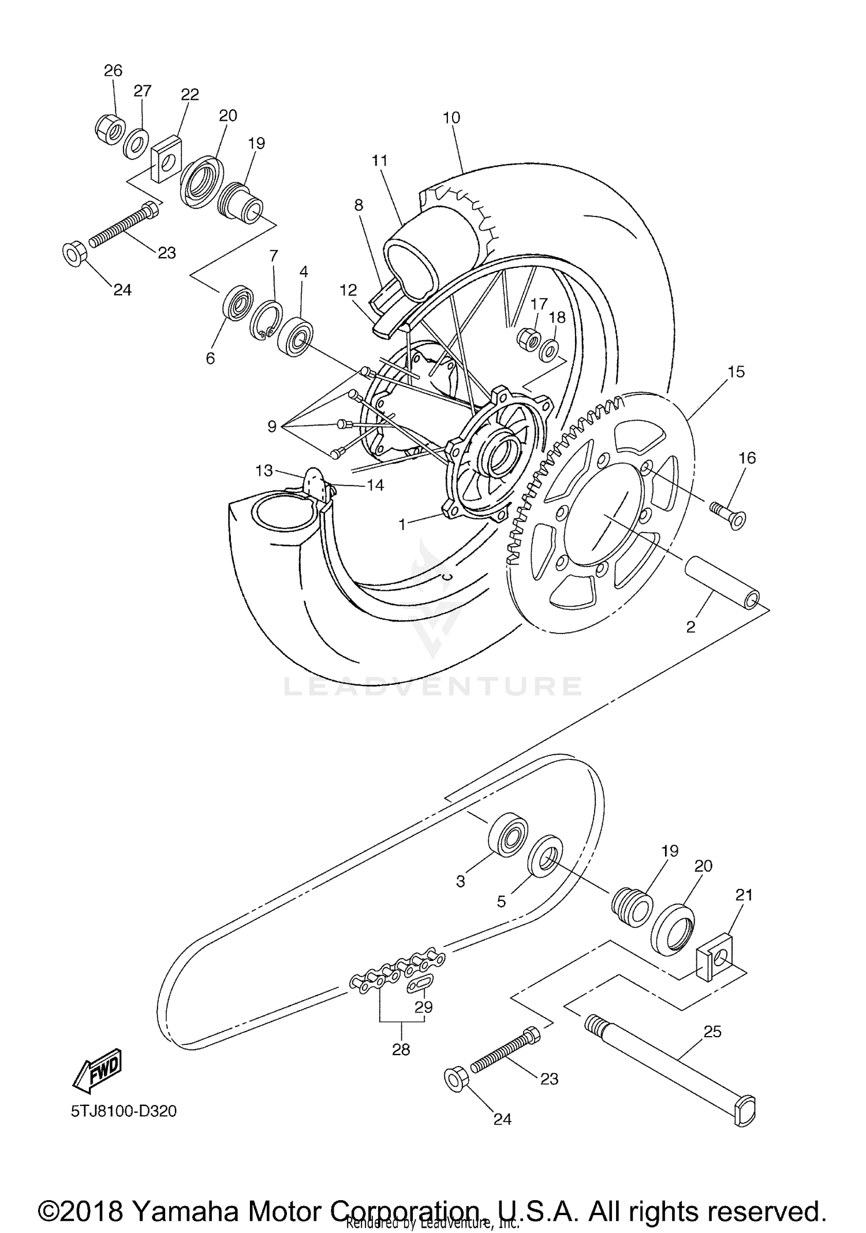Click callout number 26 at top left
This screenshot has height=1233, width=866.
click(113, 70)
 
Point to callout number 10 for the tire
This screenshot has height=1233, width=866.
click(451, 118)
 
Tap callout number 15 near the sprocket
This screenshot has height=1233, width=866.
click(736, 372)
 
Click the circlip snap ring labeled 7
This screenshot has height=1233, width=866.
click(266, 321)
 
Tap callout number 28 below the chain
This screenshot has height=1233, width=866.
click(401, 1049)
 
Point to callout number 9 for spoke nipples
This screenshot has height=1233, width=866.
click(271, 427)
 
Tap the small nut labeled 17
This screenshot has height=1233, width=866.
click(527, 337)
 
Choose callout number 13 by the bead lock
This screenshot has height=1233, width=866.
click(264, 471)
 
